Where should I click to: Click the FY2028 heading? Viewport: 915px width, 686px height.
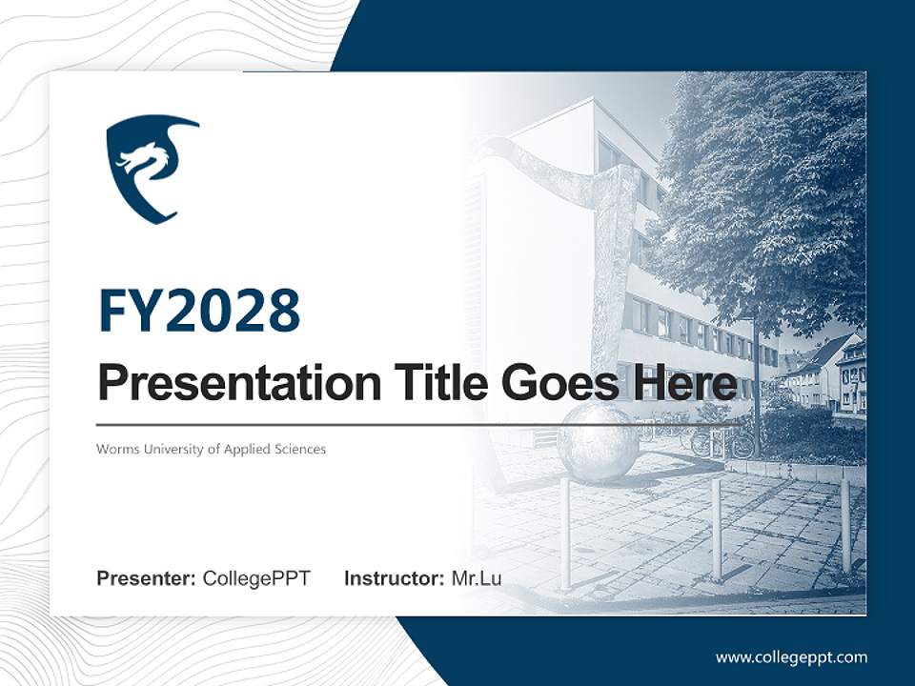(200, 311)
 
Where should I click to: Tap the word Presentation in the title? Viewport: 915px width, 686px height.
(239, 383)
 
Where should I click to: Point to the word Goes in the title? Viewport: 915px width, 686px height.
(560, 383)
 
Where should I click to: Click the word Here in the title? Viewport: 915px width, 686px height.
(685, 382)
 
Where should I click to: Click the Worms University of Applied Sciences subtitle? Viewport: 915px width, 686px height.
(212, 449)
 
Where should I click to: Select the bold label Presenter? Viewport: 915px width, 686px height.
(146, 578)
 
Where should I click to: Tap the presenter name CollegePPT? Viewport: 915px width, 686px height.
(256, 578)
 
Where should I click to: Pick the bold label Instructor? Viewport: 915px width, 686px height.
(395, 578)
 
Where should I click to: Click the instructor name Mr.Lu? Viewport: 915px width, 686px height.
(477, 578)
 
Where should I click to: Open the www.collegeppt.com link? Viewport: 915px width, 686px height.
(791, 657)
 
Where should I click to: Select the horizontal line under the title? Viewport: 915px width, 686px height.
(417, 425)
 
